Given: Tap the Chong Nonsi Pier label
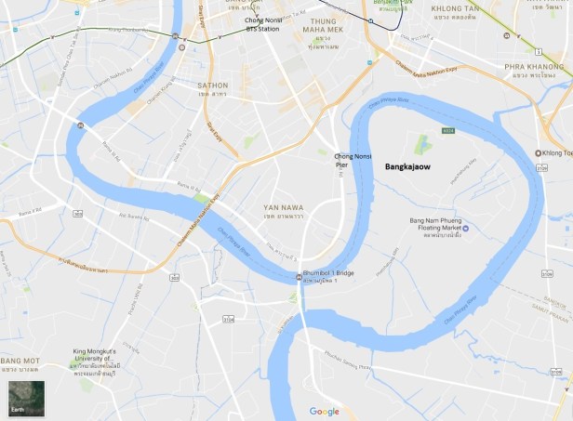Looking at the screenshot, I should click(x=353, y=161).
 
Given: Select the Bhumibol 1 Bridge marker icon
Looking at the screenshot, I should click(x=299, y=274).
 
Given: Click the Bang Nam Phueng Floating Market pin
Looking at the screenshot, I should click(x=466, y=229).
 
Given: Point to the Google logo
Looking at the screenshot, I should click(x=325, y=411).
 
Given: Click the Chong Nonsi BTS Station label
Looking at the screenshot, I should click(x=261, y=24).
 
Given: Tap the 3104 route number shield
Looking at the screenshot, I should click(x=228, y=319).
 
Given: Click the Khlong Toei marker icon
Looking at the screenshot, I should click(x=540, y=152).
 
